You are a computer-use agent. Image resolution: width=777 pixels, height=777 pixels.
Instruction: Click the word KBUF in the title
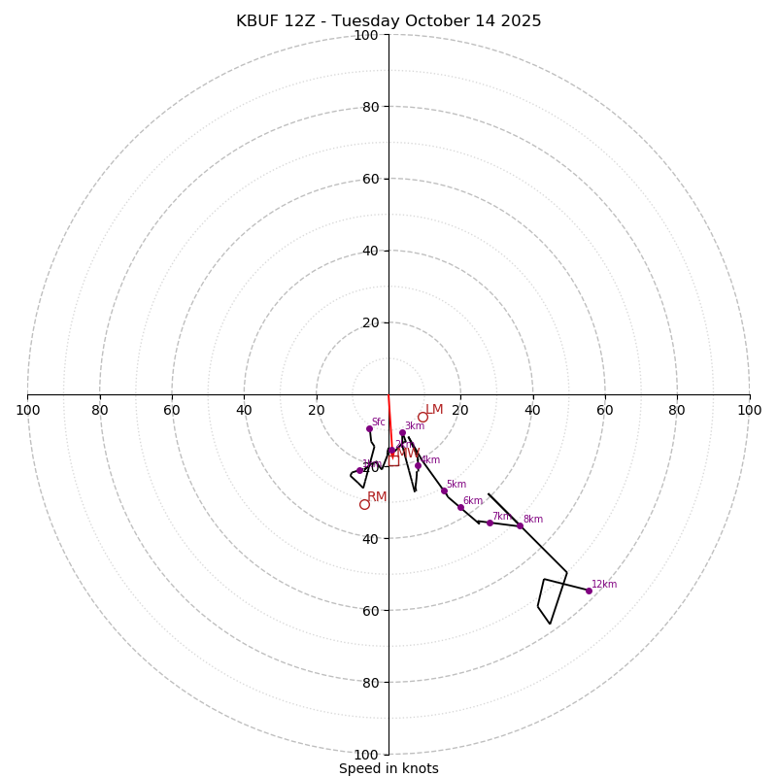(257, 21)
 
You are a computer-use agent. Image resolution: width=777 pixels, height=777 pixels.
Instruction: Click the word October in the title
(435, 21)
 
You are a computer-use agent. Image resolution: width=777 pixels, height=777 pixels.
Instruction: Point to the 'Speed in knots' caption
(388, 768)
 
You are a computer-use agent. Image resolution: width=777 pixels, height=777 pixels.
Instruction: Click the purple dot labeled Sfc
(369, 428)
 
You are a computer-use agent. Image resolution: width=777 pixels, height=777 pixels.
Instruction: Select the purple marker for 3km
(402, 433)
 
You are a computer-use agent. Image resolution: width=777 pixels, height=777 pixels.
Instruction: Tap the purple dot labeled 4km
(418, 465)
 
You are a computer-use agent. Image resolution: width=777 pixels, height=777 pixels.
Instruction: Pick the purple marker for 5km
(444, 490)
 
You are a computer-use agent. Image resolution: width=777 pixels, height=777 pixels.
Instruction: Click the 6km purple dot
(460, 507)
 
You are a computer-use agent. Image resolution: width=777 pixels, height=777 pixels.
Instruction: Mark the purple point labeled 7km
(490, 523)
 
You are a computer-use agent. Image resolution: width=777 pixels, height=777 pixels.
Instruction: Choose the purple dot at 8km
(520, 525)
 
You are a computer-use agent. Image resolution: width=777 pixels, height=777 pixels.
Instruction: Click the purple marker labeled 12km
(589, 591)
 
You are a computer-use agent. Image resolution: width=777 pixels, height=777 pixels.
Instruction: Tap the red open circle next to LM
(422, 417)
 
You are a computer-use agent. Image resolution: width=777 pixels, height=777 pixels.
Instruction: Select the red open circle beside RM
(364, 504)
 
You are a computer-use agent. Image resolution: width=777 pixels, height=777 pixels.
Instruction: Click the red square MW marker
(393, 460)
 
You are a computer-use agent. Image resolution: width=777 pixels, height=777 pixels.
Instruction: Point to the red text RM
(377, 497)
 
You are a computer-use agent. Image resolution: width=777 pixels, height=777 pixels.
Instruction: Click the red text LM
(434, 410)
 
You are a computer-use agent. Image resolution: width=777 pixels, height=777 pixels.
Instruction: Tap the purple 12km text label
(604, 585)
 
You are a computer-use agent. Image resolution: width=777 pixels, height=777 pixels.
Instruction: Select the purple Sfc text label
(378, 422)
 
